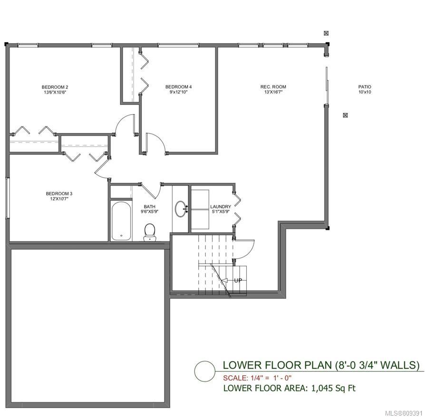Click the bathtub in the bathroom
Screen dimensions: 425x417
pos(121,221)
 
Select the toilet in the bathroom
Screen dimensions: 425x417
pos(149,232)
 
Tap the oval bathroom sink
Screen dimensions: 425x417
pos(180,208)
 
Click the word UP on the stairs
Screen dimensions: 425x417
pos(238,281)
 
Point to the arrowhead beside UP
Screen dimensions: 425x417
pos(224,281)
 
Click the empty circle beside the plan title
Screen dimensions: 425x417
pos(204,371)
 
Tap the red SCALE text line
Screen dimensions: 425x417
pos(257,378)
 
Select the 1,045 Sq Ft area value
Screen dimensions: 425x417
pos(333,389)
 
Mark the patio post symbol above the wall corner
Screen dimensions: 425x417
pos(326,33)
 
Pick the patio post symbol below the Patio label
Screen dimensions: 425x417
pos(345,115)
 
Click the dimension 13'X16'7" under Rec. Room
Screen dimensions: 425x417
pos(273,92)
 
